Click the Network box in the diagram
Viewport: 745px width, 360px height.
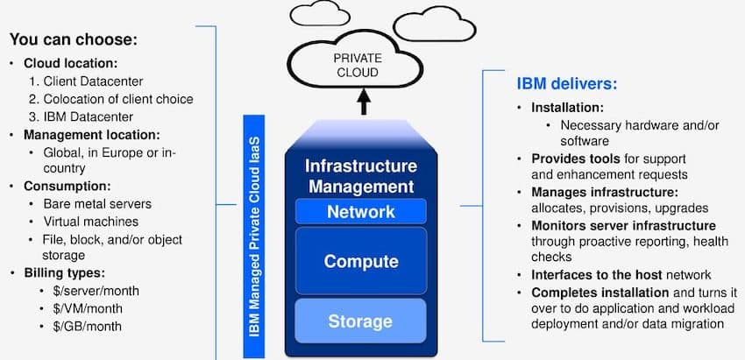pos(360,211)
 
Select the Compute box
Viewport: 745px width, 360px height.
pos(360,261)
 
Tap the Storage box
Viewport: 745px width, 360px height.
pos(360,321)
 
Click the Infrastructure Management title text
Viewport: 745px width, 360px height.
pos(359,175)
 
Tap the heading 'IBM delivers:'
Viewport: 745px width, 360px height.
pos(566,85)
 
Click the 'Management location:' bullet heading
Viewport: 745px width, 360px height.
pos(91,135)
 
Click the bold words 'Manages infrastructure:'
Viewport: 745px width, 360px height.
pos(604,191)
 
